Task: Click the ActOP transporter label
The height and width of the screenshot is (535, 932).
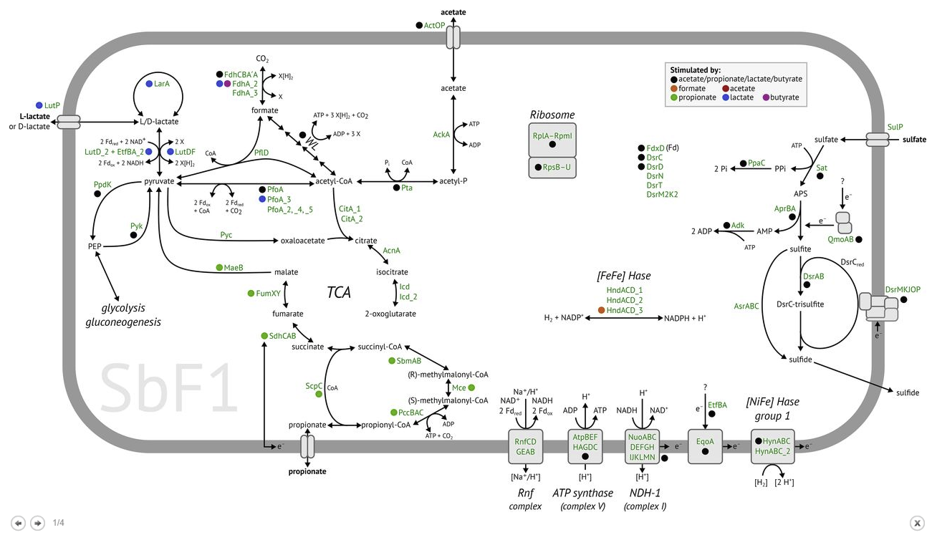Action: point(435,25)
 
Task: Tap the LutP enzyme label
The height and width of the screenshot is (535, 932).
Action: point(52,105)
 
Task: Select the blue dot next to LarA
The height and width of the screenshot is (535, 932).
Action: point(148,84)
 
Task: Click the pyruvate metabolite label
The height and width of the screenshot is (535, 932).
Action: point(159,182)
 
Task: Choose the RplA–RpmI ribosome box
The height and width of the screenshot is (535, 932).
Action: point(552,139)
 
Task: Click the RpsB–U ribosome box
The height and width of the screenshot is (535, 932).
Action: point(552,168)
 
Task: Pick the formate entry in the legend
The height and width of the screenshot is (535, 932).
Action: point(691,88)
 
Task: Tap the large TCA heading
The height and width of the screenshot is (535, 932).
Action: point(338,292)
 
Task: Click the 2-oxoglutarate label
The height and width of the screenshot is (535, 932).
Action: point(390,314)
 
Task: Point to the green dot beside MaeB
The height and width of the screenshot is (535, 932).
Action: point(220,267)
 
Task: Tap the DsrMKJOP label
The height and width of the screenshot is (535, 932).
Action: point(903,289)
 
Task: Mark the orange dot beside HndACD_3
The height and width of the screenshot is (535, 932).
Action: point(601,310)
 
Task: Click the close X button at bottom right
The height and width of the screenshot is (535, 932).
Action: point(916,523)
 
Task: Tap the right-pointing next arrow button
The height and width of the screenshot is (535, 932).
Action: point(37,523)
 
